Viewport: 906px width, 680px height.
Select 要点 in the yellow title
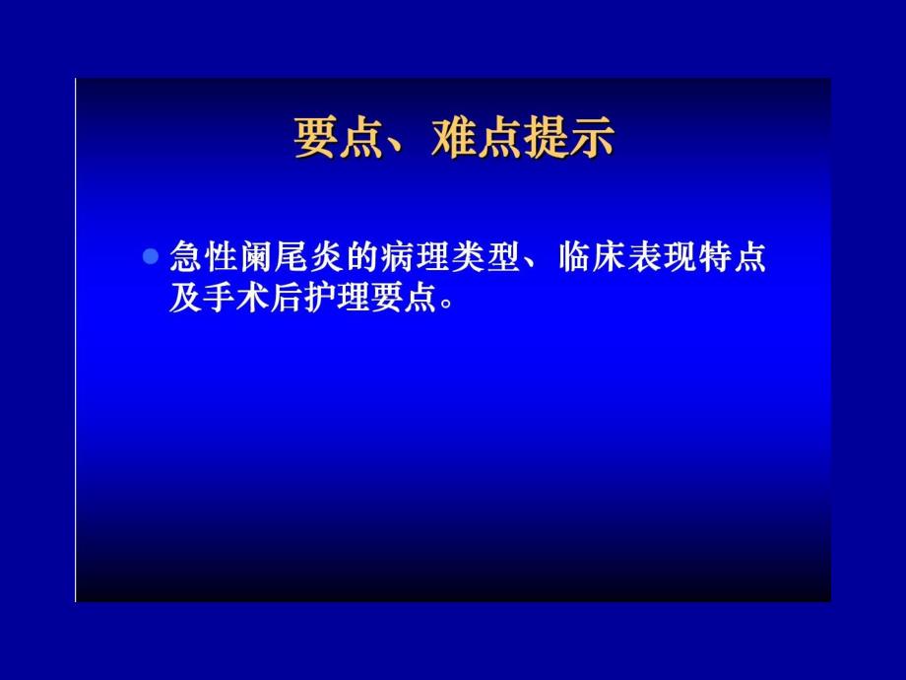click(328, 138)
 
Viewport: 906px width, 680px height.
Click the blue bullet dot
click(151, 257)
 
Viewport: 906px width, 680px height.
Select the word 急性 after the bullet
click(201, 258)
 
